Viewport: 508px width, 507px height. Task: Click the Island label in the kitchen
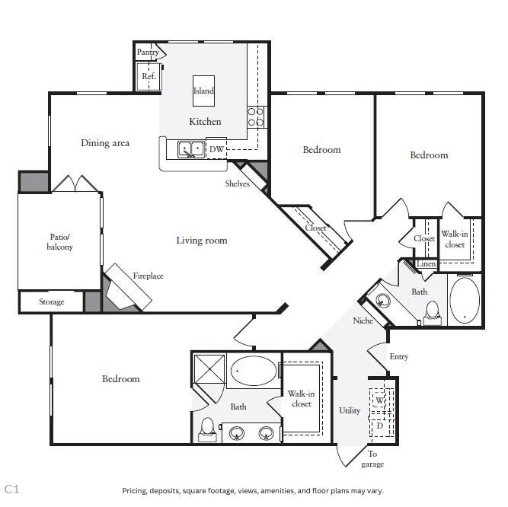[x=203, y=91]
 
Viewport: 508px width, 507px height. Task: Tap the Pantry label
[x=148, y=52]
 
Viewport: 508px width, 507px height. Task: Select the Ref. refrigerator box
[x=149, y=76]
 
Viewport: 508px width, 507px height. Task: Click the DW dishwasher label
[x=216, y=149]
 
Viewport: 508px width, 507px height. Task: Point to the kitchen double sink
[x=191, y=149]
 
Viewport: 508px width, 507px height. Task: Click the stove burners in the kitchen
[x=256, y=117]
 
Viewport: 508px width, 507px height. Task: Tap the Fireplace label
[x=148, y=276]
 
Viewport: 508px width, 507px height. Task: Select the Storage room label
[x=52, y=301]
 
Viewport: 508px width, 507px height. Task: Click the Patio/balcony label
[x=59, y=242]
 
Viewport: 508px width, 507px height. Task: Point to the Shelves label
[x=237, y=183]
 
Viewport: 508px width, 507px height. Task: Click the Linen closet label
[x=426, y=264]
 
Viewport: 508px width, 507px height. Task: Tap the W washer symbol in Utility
[x=379, y=400]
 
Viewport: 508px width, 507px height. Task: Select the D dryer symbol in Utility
[x=380, y=426]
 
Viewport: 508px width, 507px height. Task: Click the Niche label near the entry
[x=363, y=320]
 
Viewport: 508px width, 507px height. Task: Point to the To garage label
[x=372, y=459]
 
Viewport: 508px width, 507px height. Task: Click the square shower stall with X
[x=209, y=368]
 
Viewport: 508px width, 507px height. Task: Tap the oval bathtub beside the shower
[x=254, y=371]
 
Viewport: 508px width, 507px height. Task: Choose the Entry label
[x=399, y=357]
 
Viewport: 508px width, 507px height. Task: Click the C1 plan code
[x=12, y=489]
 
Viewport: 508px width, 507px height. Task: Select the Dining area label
[x=105, y=143]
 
